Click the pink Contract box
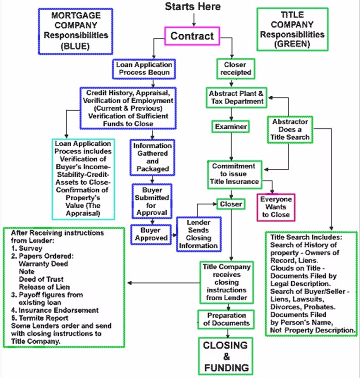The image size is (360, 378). tap(192, 36)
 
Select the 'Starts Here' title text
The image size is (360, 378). tap(192, 6)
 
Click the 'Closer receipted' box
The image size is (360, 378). tap(235, 68)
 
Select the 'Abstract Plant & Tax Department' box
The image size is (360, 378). tap(236, 97)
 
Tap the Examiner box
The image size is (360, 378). tap(231, 126)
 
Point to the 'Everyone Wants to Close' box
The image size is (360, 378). tap(276, 207)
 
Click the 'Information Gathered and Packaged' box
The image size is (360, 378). tap(151, 157)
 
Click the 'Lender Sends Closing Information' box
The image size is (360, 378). tap(198, 233)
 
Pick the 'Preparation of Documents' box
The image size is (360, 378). tap(227, 319)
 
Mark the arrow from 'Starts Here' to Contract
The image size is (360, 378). tap(194, 19)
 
